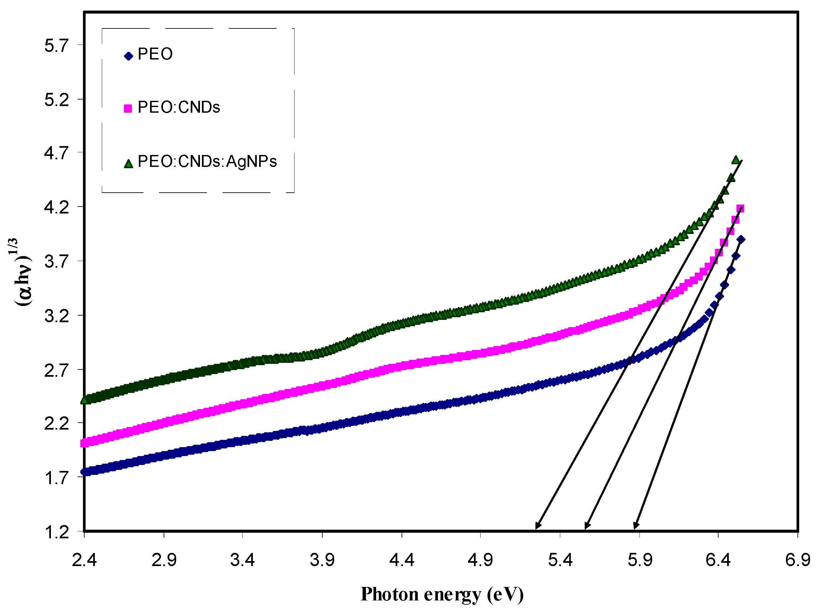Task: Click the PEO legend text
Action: pos(155,55)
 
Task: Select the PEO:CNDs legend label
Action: pos(178,108)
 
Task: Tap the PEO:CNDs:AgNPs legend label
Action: pos(207,161)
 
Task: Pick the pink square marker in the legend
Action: pos(128,109)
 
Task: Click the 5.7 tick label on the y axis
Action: pos(57,46)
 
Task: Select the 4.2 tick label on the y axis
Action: pos(57,208)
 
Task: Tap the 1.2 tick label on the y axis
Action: pos(57,532)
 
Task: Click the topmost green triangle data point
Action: pos(736,160)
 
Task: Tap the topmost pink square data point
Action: pos(740,209)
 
